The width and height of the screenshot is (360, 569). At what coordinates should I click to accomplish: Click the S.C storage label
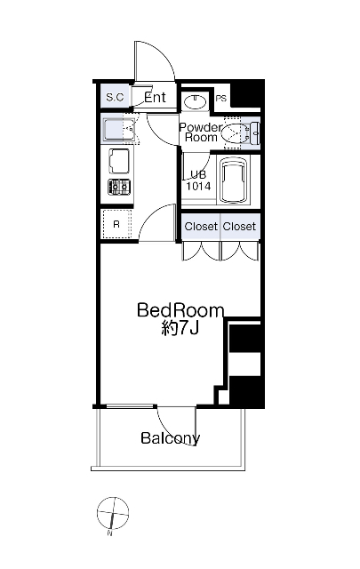coord(115,97)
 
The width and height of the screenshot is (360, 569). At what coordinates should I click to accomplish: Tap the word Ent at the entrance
coord(155,97)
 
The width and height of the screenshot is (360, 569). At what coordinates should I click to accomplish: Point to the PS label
coord(221,99)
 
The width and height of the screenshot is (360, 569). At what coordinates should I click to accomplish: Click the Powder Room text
coord(201,132)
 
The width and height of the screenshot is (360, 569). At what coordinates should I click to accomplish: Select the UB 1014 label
coord(198,180)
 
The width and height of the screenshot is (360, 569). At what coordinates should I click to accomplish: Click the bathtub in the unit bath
coord(235,180)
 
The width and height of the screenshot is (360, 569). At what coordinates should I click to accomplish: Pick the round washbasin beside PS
coord(196,100)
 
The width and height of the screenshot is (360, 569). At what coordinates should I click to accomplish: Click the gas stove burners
coord(119,188)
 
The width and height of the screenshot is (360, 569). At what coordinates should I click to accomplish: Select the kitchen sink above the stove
coord(119,162)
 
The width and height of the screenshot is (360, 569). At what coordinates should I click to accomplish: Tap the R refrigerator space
coord(116,224)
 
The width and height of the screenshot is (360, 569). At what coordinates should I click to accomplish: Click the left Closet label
coord(201,227)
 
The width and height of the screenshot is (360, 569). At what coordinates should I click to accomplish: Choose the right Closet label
coord(239,227)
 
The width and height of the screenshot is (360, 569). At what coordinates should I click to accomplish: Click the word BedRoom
coord(180,310)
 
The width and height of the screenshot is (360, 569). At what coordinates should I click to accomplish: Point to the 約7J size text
coord(180,328)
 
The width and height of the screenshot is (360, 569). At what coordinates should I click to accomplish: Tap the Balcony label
coord(170,438)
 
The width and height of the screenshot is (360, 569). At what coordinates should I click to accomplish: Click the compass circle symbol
coord(113,512)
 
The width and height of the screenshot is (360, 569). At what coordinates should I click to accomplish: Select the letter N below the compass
coord(109,533)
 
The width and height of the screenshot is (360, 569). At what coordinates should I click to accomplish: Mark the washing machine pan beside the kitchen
coord(119,129)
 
